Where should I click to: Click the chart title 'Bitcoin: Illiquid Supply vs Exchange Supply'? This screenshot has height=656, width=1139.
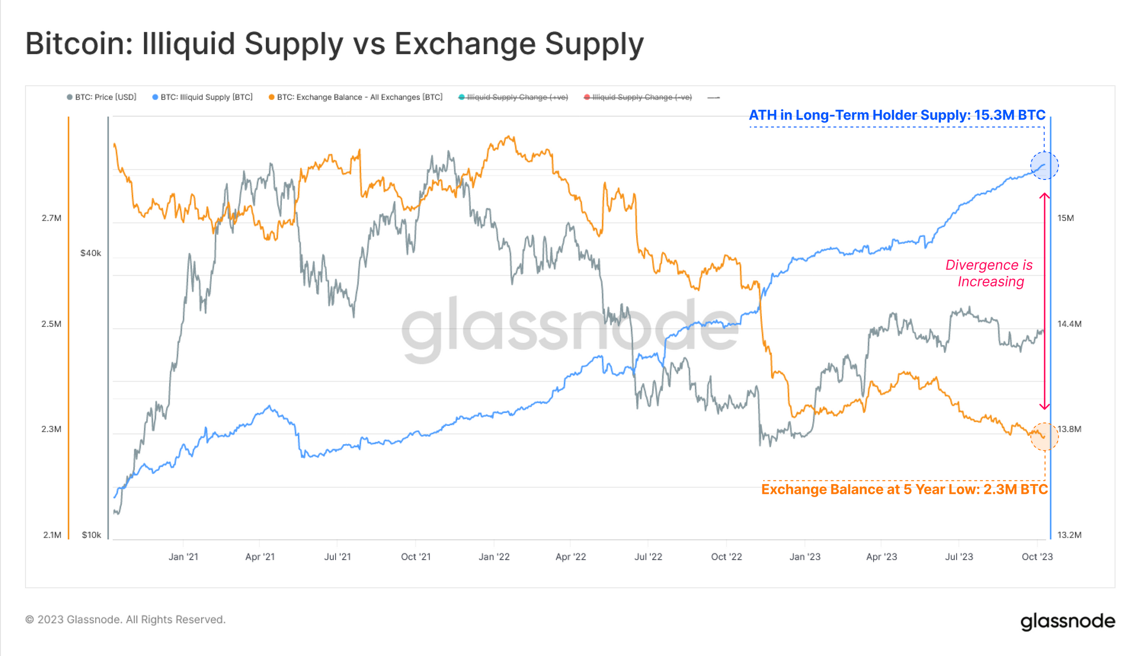[x=334, y=44]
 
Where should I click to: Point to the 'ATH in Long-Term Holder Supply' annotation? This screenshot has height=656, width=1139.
[x=897, y=115]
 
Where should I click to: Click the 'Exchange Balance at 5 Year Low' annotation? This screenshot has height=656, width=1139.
[x=904, y=489]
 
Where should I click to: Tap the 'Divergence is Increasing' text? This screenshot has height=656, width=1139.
[x=990, y=273]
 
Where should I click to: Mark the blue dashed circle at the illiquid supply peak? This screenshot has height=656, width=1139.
[x=1044, y=166]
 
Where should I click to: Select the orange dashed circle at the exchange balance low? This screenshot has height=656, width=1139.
[x=1044, y=437]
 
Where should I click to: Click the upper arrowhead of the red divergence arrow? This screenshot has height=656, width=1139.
[x=1044, y=196]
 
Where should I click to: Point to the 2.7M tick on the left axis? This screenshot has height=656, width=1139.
[x=51, y=218]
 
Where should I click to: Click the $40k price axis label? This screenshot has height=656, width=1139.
[x=91, y=253]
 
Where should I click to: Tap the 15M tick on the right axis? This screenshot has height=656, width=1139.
[x=1066, y=218]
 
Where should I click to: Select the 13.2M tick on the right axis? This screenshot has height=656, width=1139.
[x=1069, y=535]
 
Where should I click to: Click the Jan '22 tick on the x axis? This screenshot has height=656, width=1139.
[x=494, y=556]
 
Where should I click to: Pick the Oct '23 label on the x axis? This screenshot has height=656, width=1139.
[x=1037, y=556]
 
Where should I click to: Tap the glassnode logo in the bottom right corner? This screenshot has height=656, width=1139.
[x=1067, y=621]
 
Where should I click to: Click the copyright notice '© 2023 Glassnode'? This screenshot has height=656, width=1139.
[x=125, y=620]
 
